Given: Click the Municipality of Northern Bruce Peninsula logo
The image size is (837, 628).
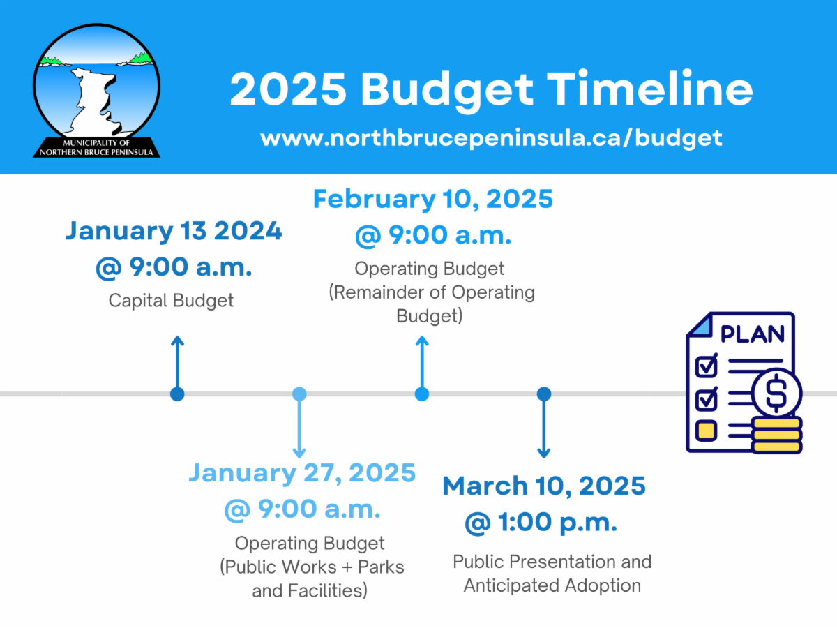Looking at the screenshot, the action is click(x=96, y=91).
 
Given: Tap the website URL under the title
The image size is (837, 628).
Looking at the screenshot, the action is click(x=491, y=138).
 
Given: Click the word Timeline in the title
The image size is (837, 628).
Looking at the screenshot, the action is click(x=650, y=89).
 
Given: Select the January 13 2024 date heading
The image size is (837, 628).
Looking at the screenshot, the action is click(x=174, y=231).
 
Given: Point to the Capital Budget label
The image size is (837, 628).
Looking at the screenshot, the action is click(x=171, y=301).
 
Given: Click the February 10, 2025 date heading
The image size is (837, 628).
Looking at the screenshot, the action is click(x=433, y=200).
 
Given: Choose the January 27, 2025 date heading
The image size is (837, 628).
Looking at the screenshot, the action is click(x=302, y=473).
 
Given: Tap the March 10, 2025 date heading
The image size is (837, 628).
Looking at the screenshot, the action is click(x=544, y=486).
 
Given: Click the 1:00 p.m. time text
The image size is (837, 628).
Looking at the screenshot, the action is click(x=557, y=522).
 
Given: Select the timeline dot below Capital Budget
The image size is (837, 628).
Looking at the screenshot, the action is click(x=177, y=394).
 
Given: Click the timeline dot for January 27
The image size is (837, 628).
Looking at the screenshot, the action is click(x=299, y=394).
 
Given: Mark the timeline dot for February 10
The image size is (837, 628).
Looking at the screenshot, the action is click(x=422, y=394).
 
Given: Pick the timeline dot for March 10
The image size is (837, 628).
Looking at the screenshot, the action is click(x=544, y=394).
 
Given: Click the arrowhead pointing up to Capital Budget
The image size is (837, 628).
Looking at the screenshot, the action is click(x=177, y=340).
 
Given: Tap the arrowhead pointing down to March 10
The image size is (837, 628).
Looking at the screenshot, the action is click(x=544, y=454).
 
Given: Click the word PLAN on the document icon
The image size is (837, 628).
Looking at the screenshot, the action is click(x=752, y=334).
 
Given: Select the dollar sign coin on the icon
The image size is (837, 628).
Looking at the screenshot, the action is click(x=776, y=393).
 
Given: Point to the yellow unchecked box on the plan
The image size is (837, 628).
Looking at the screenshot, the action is click(x=706, y=431).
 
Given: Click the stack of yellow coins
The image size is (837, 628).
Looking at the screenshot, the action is click(x=778, y=435).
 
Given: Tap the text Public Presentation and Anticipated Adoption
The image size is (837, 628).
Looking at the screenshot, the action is click(x=552, y=574).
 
